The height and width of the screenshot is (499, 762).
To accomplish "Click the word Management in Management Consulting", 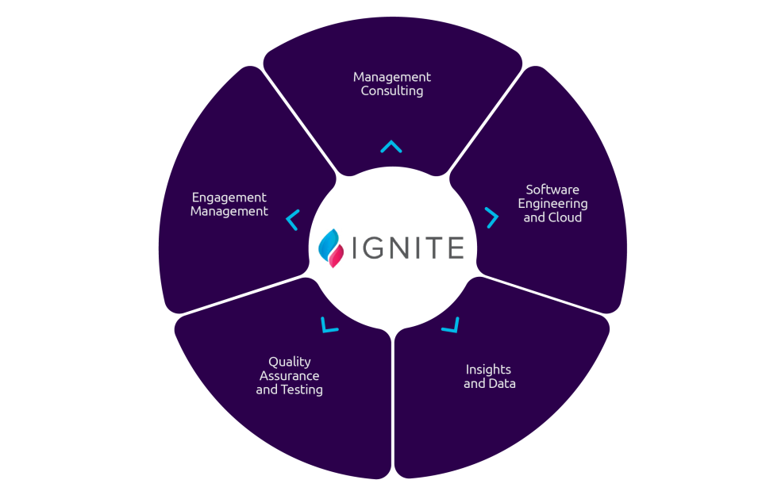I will (392, 77).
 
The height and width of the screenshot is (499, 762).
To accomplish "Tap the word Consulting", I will (392, 91).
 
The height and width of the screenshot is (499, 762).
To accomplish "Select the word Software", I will (552, 190).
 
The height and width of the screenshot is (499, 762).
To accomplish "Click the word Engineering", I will (552, 204).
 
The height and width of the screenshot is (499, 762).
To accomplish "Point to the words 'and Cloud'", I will (552, 217).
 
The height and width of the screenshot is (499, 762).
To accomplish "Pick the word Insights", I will (488, 370).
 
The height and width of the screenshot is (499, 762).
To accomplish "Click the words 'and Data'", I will (490, 384).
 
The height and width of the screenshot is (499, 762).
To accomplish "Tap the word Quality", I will (290, 362).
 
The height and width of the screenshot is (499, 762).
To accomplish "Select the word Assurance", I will (290, 376).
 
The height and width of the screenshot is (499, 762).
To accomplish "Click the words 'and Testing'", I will (290, 390).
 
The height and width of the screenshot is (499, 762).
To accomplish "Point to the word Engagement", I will (229, 198).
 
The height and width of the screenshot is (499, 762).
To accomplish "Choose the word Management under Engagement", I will (229, 212).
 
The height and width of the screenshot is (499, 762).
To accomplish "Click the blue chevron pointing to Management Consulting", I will (391, 146).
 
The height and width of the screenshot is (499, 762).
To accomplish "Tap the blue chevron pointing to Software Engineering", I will (492, 217).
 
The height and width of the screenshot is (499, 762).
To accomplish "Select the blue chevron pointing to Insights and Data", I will (452, 325).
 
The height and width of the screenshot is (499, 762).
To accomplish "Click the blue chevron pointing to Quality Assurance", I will (329, 325).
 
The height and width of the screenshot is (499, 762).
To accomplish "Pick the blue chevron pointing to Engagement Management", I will (292, 220).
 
